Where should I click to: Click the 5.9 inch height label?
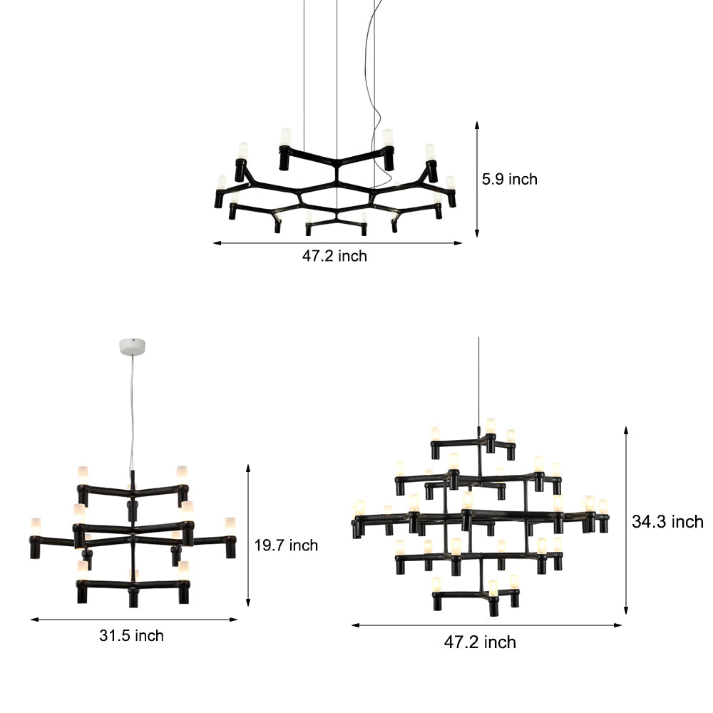coord(509,179)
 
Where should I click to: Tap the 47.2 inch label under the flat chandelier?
coord(334,256)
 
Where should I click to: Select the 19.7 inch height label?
coord(286,545)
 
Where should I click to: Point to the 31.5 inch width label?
coord(131,635)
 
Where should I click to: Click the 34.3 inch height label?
coord(667,522)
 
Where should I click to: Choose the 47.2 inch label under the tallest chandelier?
coord(480,642)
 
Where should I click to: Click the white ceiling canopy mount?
coord(133,347)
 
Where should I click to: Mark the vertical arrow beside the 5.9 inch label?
coord(477,178)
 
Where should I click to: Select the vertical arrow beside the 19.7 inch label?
coord(248,535)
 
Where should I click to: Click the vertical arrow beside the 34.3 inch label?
coord(626,520)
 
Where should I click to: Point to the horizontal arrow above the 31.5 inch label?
coord(133,619)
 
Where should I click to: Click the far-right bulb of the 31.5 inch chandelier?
coord(230,524)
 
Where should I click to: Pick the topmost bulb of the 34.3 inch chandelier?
coord(491,426)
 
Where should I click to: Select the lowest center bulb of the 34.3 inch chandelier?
coord(492,588)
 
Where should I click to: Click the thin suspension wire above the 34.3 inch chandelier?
coord(478,378)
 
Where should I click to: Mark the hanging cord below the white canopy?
coord(132,414)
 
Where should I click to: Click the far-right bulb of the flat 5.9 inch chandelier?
coord(450,183)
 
